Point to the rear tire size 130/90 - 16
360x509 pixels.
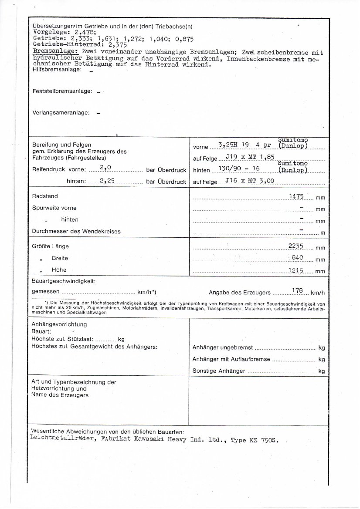coord(238,169)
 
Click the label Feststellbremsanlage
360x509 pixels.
coord(62,91)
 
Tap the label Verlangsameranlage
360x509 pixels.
coord(61,113)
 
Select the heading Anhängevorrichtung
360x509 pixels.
coord(59,324)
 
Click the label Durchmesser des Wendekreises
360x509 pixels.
coord(76,232)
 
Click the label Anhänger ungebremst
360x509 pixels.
coord(222,348)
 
